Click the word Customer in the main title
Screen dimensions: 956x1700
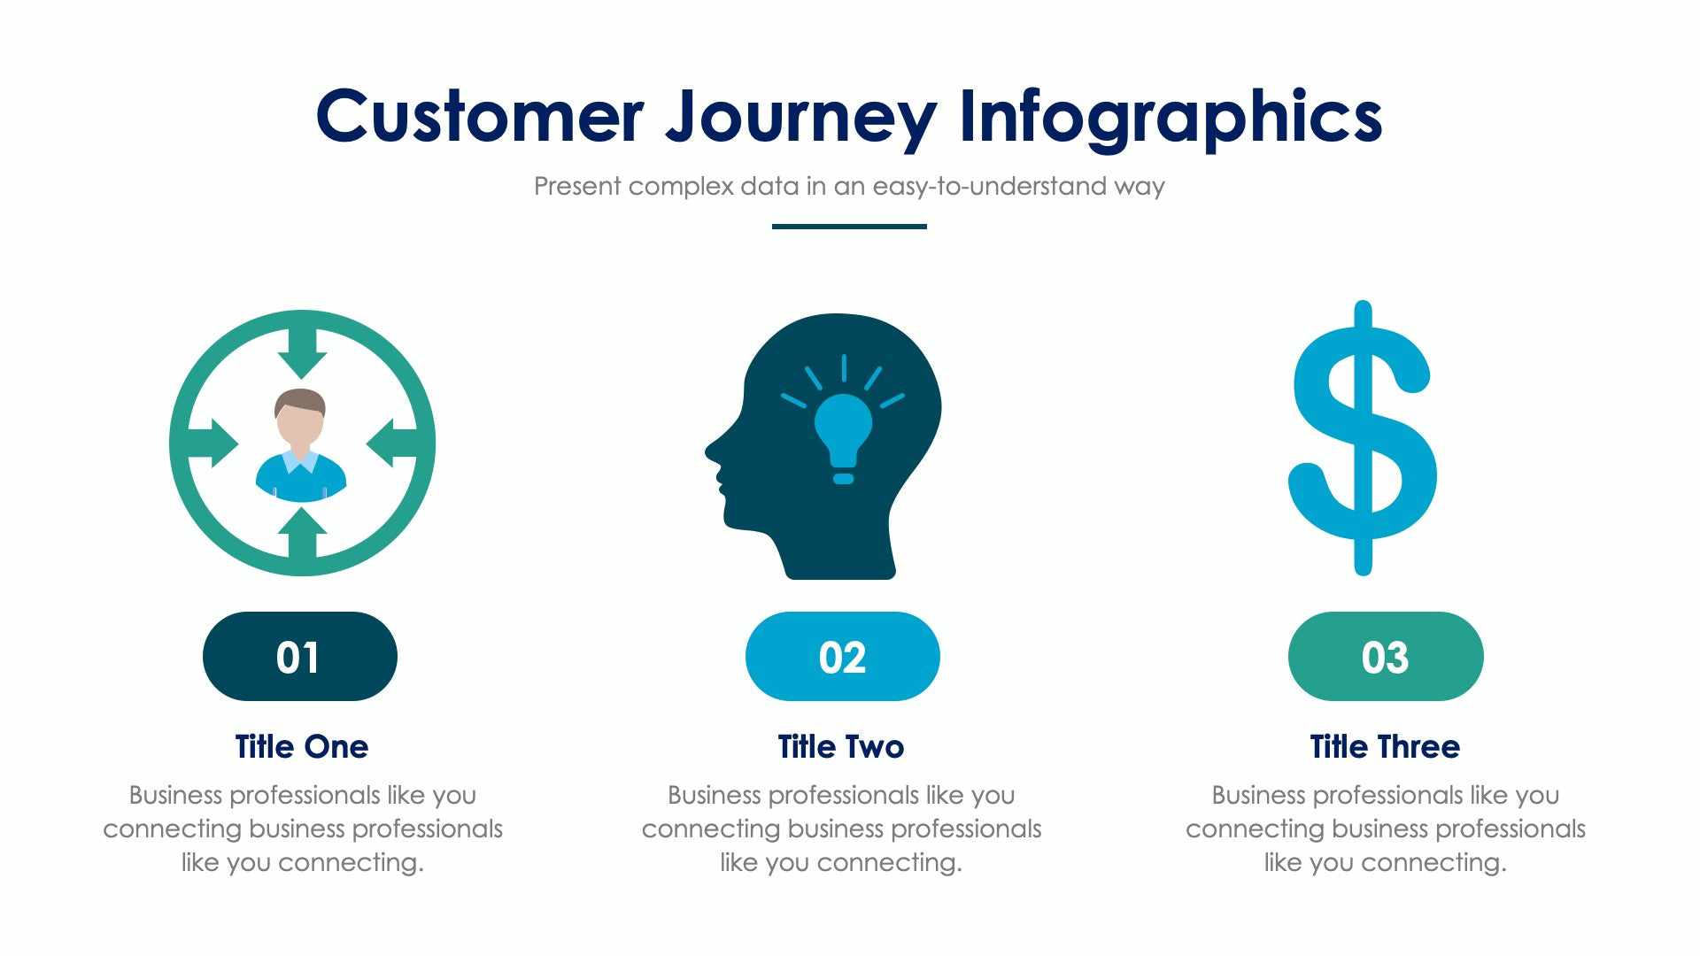click(479, 117)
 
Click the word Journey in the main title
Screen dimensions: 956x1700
click(800, 117)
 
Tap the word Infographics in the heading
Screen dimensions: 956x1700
click(1171, 117)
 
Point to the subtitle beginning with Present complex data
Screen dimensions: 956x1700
click(849, 187)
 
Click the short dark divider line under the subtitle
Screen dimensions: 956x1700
click(849, 227)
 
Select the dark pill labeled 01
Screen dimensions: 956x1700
click(299, 657)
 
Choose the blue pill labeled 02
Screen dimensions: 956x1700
click(842, 657)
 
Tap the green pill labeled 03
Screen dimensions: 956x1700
click(1385, 657)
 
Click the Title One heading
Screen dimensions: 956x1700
click(301, 746)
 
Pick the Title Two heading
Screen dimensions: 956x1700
click(841, 746)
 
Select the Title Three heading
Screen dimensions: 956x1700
click(1385, 746)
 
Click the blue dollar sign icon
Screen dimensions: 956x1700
click(1362, 438)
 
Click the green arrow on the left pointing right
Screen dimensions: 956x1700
click(212, 443)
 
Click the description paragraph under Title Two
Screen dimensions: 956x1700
click(841, 829)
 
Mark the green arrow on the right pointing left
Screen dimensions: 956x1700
click(391, 443)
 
